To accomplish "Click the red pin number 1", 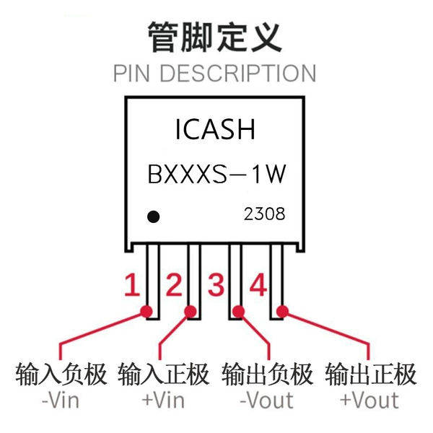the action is click(132, 285).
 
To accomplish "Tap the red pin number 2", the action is click(174, 285).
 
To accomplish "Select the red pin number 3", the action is click(216, 285).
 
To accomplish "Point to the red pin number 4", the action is click(258, 285).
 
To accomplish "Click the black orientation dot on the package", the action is click(153, 216).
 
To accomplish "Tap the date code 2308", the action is click(264, 214).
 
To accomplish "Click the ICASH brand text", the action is click(215, 129).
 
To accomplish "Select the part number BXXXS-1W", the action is click(216, 174).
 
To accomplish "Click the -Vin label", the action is click(61, 401).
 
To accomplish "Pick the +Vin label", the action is click(163, 401).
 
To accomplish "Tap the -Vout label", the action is click(266, 401).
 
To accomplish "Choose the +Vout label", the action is click(369, 401).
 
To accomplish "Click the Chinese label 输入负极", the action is click(61, 374).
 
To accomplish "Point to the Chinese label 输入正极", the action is click(164, 374).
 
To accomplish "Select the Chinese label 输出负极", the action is click(267, 374).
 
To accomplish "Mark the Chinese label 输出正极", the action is click(371, 374).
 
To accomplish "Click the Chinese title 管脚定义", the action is click(215, 37).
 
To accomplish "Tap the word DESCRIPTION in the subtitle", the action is click(237, 73).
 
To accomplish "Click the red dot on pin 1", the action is click(146, 312).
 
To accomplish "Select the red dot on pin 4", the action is click(282, 312).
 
